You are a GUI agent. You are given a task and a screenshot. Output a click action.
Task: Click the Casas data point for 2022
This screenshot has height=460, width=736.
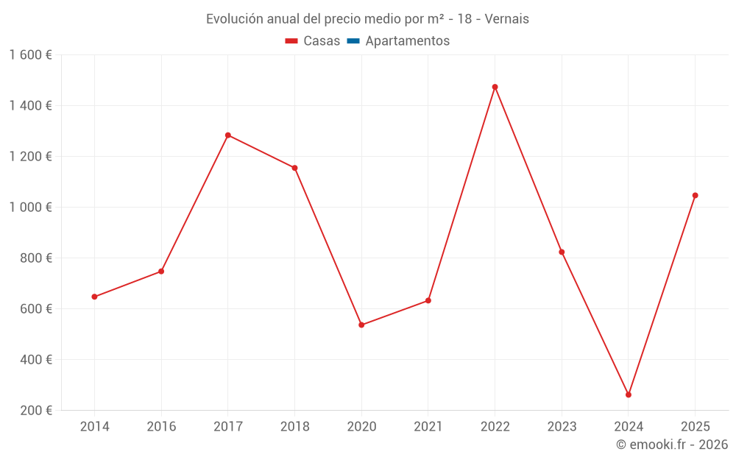pyautogui.click(x=495, y=87)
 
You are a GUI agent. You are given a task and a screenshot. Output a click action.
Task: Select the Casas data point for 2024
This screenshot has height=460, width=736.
pyautogui.click(x=629, y=394)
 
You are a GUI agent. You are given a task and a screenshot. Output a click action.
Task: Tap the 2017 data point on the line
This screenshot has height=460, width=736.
pyautogui.click(x=228, y=135)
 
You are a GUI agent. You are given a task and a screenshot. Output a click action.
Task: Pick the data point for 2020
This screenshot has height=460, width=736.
pyautogui.click(x=361, y=325)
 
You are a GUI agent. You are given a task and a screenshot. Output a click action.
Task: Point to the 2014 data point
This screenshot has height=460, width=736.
pyautogui.click(x=94, y=297)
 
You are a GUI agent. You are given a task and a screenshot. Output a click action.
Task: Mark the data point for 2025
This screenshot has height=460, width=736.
pyautogui.click(x=695, y=196)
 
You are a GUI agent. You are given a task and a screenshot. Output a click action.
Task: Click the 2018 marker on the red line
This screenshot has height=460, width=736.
pyautogui.click(x=294, y=168)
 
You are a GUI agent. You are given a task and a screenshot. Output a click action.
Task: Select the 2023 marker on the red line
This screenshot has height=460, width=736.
pyautogui.click(x=562, y=252)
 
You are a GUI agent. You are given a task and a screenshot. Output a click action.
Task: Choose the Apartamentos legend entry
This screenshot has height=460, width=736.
pyautogui.click(x=407, y=41)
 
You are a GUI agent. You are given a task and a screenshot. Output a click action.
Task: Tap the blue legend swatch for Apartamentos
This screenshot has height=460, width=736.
pyautogui.click(x=353, y=41)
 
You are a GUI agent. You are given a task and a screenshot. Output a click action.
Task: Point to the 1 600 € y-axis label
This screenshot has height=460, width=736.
pyautogui.click(x=30, y=54)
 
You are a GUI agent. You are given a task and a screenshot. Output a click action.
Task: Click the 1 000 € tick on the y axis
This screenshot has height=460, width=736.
pyautogui.click(x=30, y=207)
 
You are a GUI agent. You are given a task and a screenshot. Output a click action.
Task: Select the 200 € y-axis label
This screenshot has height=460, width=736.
pyautogui.click(x=35, y=410)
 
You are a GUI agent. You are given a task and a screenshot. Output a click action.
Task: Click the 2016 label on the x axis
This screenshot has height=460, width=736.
pyautogui.click(x=161, y=427)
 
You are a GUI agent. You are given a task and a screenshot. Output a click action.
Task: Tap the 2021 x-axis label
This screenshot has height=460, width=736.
pyautogui.click(x=428, y=427)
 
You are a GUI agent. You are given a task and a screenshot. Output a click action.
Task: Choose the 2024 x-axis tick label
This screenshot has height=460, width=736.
pyautogui.click(x=629, y=427)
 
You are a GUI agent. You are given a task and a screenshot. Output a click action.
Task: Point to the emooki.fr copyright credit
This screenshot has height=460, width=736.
pyautogui.click(x=672, y=445)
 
